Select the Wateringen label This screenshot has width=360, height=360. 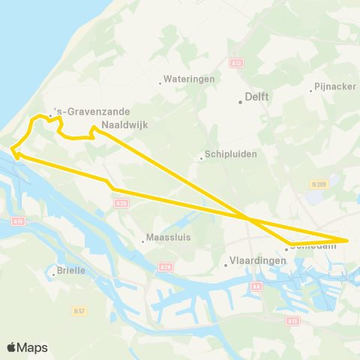(x=188, y=78)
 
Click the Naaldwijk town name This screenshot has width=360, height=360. (x=120, y=127)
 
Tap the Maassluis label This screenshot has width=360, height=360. (x=166, y=240)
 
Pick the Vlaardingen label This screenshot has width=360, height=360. (x=256, y=260)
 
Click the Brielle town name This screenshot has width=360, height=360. (x=71, y=270)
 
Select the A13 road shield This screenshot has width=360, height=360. (x=236, y=64)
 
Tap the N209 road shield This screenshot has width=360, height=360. (x=318, y=184)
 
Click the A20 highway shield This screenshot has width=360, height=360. (x=122, y=202)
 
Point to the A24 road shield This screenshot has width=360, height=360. (x=166, y=266)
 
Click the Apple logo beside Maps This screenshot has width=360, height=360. (x=11, y=347)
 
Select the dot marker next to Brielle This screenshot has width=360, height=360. (x=54, y=274)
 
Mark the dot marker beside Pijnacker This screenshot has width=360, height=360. (x=311, y=91)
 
